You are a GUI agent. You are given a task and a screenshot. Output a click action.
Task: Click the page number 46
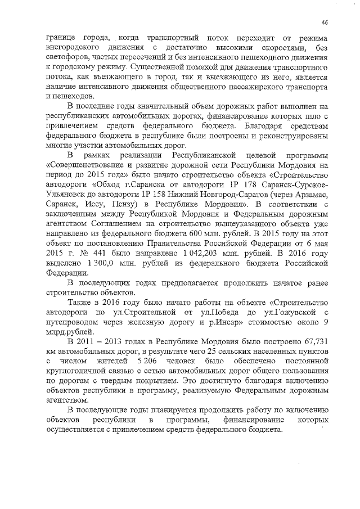[325, 22]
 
